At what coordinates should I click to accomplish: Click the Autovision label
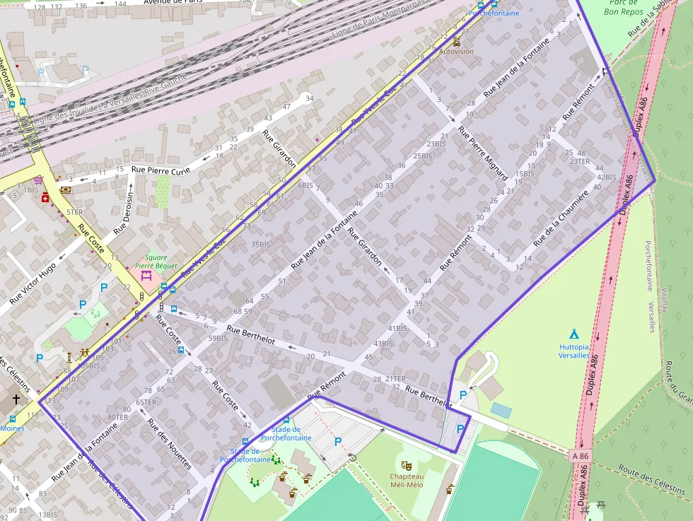(x=456, y=52)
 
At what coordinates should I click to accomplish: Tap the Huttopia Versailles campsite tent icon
(x=573, y=334)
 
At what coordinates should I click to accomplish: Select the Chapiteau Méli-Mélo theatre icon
(x=406, y=465)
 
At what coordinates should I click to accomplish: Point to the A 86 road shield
(x=580, y=457)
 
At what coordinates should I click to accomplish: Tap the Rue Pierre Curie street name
(x=161, y=170)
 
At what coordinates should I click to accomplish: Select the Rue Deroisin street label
(x=124, y=212)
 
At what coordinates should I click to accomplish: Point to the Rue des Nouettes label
(x=170, y=444)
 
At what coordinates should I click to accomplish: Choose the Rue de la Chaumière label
(x=561, y=218)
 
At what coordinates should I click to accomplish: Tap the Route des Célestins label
(x=651, y=480)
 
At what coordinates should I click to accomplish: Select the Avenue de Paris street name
(x=174, y=2)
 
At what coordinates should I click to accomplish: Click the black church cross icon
(x=16, y=400)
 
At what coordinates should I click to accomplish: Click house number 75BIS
(x=260, y=245)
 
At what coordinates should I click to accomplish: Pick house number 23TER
(x=579, y=162)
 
